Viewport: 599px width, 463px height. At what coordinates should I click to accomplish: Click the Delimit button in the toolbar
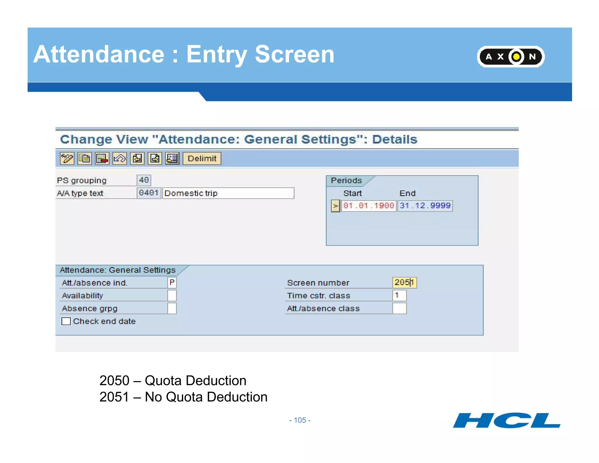(202, 159)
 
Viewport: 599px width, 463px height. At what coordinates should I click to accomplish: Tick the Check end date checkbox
(66, 321)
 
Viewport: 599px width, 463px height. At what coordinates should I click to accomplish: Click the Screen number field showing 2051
(404, 283)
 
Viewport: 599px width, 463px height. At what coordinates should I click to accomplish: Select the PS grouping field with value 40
(144, 180)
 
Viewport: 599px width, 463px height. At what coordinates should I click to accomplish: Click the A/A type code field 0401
(149, 193)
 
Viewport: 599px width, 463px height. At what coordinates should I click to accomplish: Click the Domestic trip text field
(228, 193)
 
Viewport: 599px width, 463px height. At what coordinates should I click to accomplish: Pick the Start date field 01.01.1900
(369, 205)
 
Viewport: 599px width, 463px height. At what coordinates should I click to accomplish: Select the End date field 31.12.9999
(425, 205)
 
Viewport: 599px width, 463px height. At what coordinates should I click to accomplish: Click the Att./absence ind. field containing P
(172, 283)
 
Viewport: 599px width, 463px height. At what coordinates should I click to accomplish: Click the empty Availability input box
(172, 296)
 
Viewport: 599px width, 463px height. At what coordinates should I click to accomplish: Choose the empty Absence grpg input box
(172, 308)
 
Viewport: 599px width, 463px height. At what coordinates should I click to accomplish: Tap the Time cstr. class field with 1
(399, 296)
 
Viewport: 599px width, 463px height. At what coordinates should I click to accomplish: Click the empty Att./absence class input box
(399, 308)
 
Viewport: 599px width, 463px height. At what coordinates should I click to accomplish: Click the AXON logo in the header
(511, 56)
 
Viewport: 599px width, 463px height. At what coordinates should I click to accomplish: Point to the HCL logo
(507, 421)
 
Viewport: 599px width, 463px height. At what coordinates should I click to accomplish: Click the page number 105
(300, 420)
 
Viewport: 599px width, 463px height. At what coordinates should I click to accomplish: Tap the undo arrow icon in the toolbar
(120, 159)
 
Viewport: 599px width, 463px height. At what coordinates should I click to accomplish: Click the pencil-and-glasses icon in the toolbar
(67, 159)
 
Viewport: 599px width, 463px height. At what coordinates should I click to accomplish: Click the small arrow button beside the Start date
(335, 206)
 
